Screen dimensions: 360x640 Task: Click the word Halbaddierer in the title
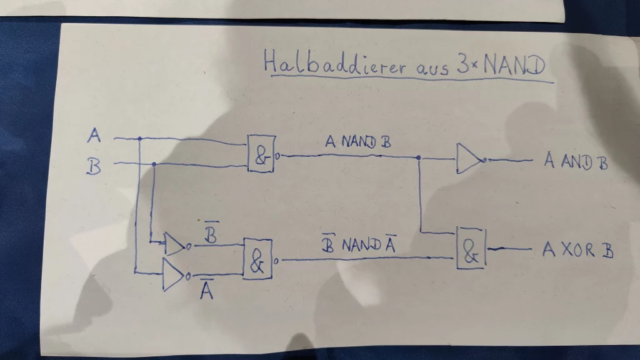(334, 63)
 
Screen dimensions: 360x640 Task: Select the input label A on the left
(95, 134)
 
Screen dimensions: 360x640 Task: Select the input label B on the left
(94, 167)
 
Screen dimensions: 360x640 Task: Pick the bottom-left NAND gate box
(257, 259)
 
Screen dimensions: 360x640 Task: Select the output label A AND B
(575, 161)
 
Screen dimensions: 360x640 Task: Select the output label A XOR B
(577, 251)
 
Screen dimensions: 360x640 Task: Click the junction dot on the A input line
(139, 138)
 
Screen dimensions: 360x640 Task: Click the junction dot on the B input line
(153, 164)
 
